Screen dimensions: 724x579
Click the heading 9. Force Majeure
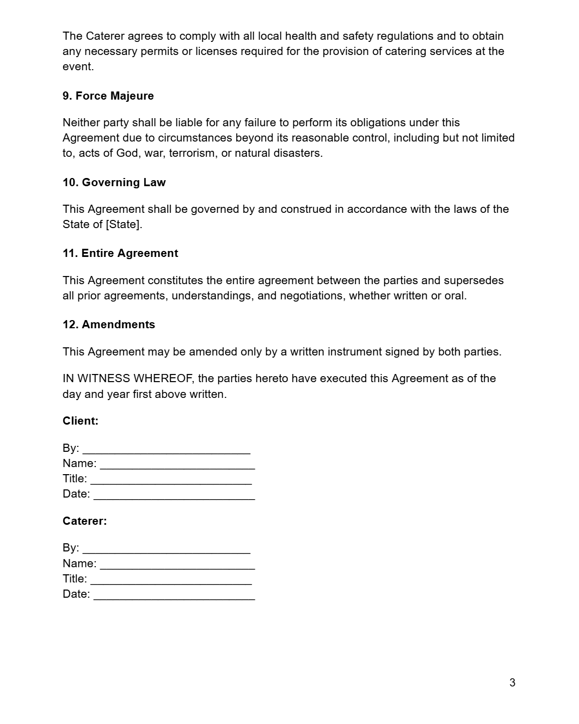coord(108,96)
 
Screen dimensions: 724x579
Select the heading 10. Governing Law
coord(114,182)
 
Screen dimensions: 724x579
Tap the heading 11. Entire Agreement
coord(120,253)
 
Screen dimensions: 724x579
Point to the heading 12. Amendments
coord(109,324)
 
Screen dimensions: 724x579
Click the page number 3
coord(512,683)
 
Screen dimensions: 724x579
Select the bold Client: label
coord(81,421)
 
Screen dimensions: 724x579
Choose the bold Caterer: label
coord(85,521)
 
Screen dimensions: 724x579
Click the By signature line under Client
coord(167,450)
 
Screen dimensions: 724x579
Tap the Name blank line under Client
coord(177,465)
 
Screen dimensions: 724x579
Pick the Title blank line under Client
coord(171,480)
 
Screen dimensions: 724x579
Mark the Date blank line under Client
coord(174,495)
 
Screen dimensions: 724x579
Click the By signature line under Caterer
coord(167,550)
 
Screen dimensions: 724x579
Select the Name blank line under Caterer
coord(177,565)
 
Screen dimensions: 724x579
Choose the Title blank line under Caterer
coord(171,580)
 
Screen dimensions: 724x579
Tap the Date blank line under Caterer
coord(174,596)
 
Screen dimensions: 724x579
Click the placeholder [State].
coord(124,224)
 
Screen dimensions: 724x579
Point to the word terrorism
coord(192,153)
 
